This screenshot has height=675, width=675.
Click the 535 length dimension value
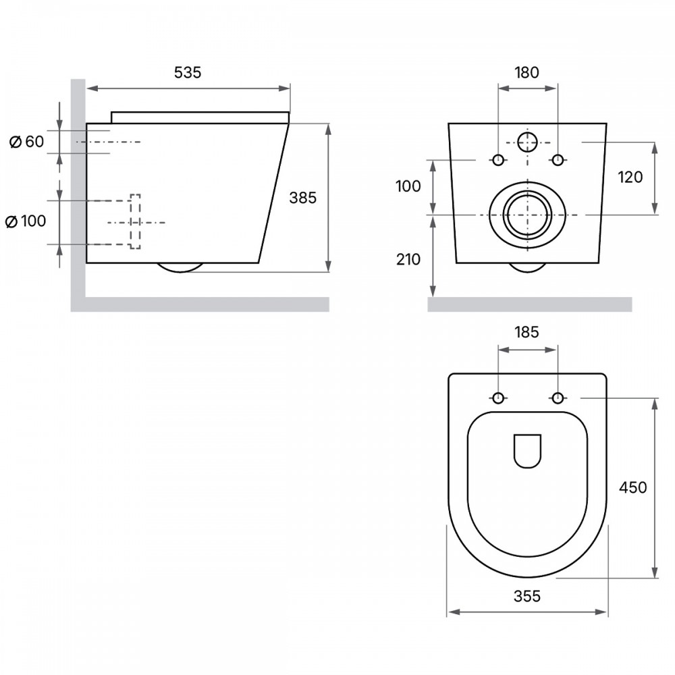(x=187, y=72)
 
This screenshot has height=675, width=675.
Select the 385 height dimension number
(x=302, y=198)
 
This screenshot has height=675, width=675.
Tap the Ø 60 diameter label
(x=27, y=141)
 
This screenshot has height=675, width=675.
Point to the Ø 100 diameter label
(x=26, y=221)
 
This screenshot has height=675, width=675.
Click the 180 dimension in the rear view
(x=527, y=72)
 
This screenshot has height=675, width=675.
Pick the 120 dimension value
(x=630, y=177)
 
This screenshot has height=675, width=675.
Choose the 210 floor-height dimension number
(x=408, y=259)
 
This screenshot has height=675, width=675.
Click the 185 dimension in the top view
(x=527, y=332)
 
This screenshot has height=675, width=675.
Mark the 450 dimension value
(x=633, y=487)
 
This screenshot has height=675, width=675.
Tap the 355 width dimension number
(x=527, y=596)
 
